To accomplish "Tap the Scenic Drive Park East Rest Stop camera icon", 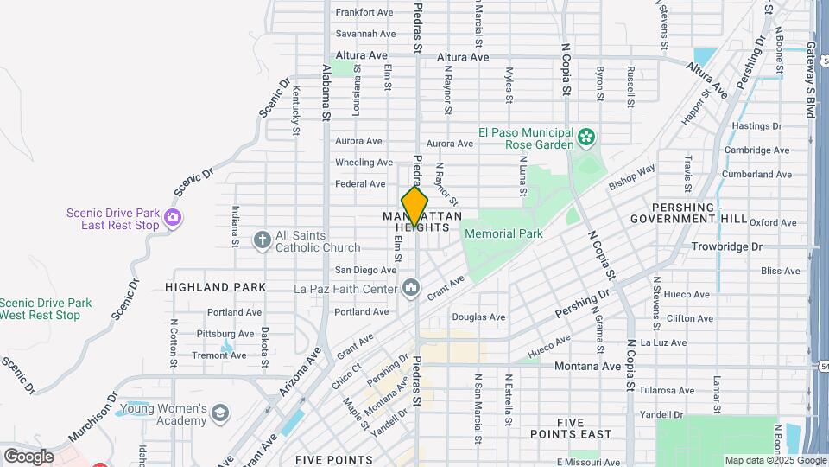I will pyautogui.click(x=174, y=218).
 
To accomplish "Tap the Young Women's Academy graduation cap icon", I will pyautogui.click(x=219, y=413).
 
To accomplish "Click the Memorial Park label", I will pyautogui.click(x=503, y=233).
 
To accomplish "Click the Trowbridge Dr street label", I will pyautogui.click(x=727, y=246).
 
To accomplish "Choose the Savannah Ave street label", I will pyautogui.click(x=365, y=34).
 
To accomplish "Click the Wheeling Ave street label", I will pyautogui.click(x=364, y=163).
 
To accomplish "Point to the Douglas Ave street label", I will pyautogui.click(x=478, y=317).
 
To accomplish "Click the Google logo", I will pyautogui.click(x=28, y=457).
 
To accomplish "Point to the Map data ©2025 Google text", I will pyautogui.click(x=763, y=461).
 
